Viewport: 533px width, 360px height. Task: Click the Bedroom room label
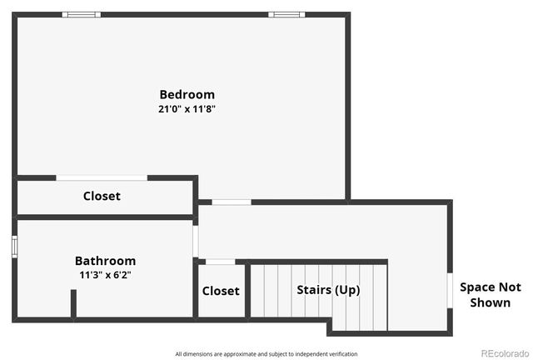(187, 94)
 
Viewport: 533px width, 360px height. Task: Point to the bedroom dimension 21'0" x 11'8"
(187, 109)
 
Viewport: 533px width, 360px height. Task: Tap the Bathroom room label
(105, 261)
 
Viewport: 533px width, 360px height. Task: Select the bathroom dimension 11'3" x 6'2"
(105, 275)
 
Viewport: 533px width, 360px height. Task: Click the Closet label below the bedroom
(102, 196)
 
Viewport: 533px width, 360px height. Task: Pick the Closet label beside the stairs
(221, 291)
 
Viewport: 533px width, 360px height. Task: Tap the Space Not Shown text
(491, 294)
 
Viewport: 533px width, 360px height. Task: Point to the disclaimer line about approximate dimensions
(266, 354)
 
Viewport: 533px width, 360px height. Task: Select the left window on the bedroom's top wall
(82, 14)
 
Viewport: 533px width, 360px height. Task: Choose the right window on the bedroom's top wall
(286, 14)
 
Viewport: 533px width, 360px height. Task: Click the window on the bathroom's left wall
(14, 247)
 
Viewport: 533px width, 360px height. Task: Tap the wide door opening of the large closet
(102, 177)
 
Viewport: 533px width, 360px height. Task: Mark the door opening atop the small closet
(220, 262)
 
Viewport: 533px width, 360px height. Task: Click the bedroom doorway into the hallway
(231, 202)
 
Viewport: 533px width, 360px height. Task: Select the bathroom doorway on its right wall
(196, 241)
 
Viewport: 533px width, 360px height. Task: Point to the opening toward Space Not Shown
(450, 292)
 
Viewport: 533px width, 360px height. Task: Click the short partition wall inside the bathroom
(73, 303)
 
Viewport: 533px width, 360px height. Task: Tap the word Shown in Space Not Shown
(491, 302)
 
